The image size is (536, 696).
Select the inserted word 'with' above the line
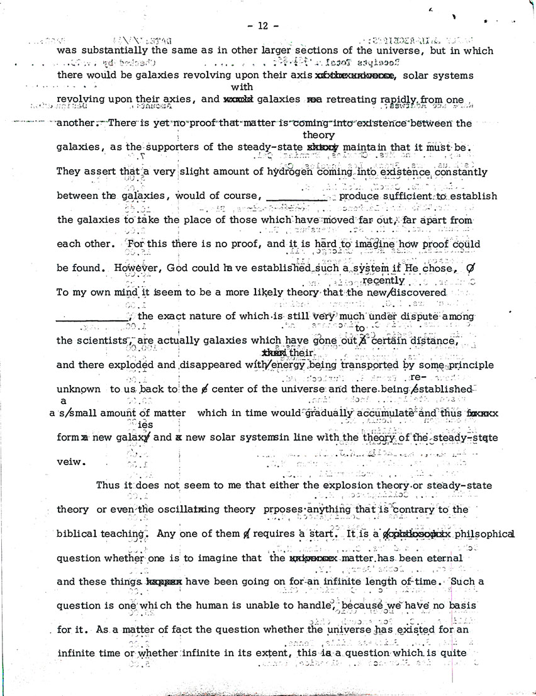pyautogui.click(x=242, y=87)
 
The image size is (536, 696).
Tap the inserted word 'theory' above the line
pyautogui.click(x=318, y=135)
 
